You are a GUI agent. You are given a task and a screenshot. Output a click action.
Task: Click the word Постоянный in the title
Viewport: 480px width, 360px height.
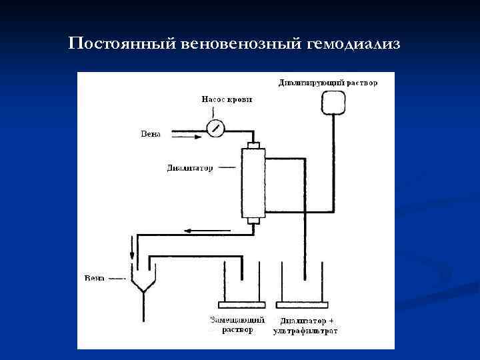pos(121,45)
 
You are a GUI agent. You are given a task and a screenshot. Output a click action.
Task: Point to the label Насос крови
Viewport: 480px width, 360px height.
pos(227,100)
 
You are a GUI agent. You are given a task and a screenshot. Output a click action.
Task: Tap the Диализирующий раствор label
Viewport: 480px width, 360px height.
pos(327,83)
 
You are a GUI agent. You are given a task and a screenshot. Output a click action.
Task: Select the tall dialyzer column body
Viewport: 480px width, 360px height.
pos(253,183)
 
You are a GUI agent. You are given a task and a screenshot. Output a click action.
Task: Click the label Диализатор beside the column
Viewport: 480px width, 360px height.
pos(190,169)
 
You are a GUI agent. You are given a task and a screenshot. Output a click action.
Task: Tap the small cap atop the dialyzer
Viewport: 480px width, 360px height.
pos(253,145)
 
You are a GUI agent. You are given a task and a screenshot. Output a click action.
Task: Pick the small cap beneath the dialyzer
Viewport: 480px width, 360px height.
pos(253,221)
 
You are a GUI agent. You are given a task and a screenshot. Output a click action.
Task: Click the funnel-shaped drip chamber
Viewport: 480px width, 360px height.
pos(143,277)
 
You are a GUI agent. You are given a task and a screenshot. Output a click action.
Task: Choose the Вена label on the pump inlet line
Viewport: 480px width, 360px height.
pos(151,133)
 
